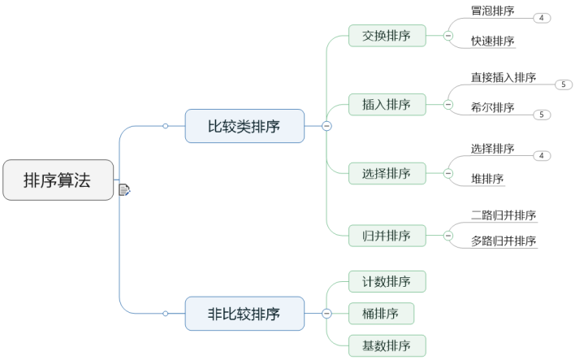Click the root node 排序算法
click(x=58, y=180)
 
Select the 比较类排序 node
click(x=244, y=126)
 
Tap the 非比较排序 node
click(x=244, y=313)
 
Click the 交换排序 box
click(x=387, y=36)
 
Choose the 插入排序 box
click(x=387, y=104)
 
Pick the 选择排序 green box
click(x=387, y=173)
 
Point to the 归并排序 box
click(x=387, y=236)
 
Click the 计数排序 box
click(x=387, y=282)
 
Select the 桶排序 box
click(x=381, y=313)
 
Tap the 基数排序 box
click(x=387, y=345)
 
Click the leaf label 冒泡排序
click(x=492, y=11)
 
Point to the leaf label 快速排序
click(x=492, y=41)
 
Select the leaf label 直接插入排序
click(x=504, y=77)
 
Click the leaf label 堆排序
click(x=487, y=178)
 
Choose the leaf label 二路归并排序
click(x=504, y=215)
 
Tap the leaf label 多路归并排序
click(x=504, y=241)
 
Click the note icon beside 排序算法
click(x=124, y=190)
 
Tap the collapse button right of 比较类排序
click(x=326, y=126)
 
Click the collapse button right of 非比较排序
click(x=326, y=313)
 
